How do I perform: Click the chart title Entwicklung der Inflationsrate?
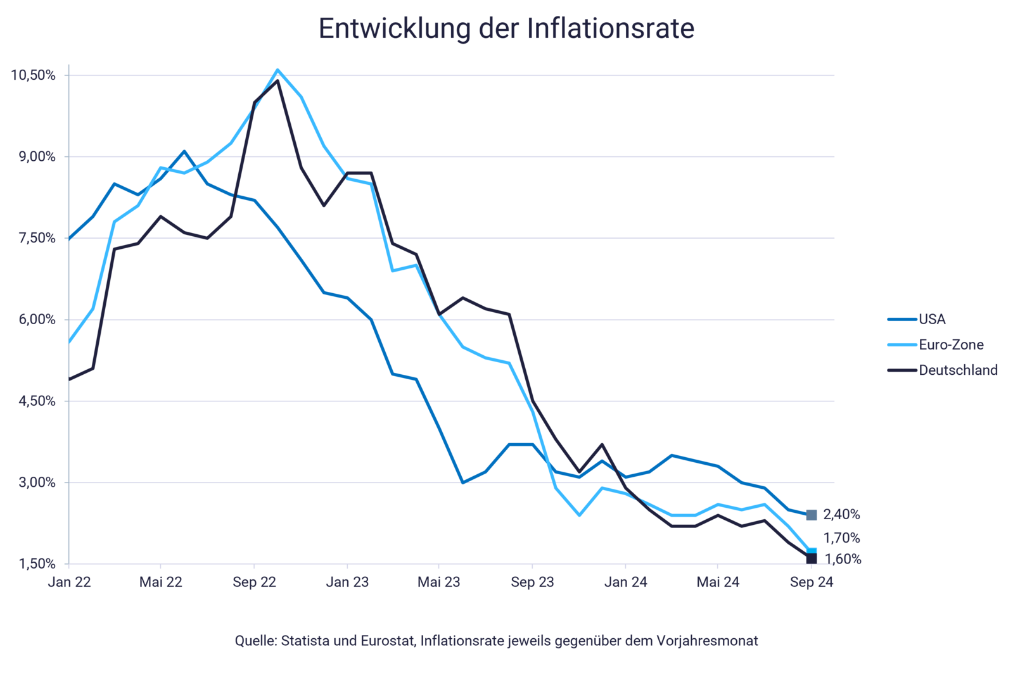506,28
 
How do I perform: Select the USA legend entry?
932,319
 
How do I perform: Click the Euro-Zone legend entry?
951,344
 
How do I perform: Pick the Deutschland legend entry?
958,370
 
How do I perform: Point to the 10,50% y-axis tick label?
33,75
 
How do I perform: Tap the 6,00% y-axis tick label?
37,320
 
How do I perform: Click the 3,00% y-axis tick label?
37,482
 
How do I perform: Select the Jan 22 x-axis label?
69,582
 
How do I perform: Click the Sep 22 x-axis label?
254,582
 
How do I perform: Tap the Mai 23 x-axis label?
438,582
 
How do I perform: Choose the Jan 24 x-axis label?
625,582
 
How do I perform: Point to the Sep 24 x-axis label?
812,582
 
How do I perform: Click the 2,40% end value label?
841,514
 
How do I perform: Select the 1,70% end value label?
841,538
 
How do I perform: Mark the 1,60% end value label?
843,559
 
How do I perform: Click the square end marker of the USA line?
812,515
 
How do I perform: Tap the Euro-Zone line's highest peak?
277,70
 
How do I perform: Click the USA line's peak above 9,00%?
184,151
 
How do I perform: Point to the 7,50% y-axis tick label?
37,238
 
